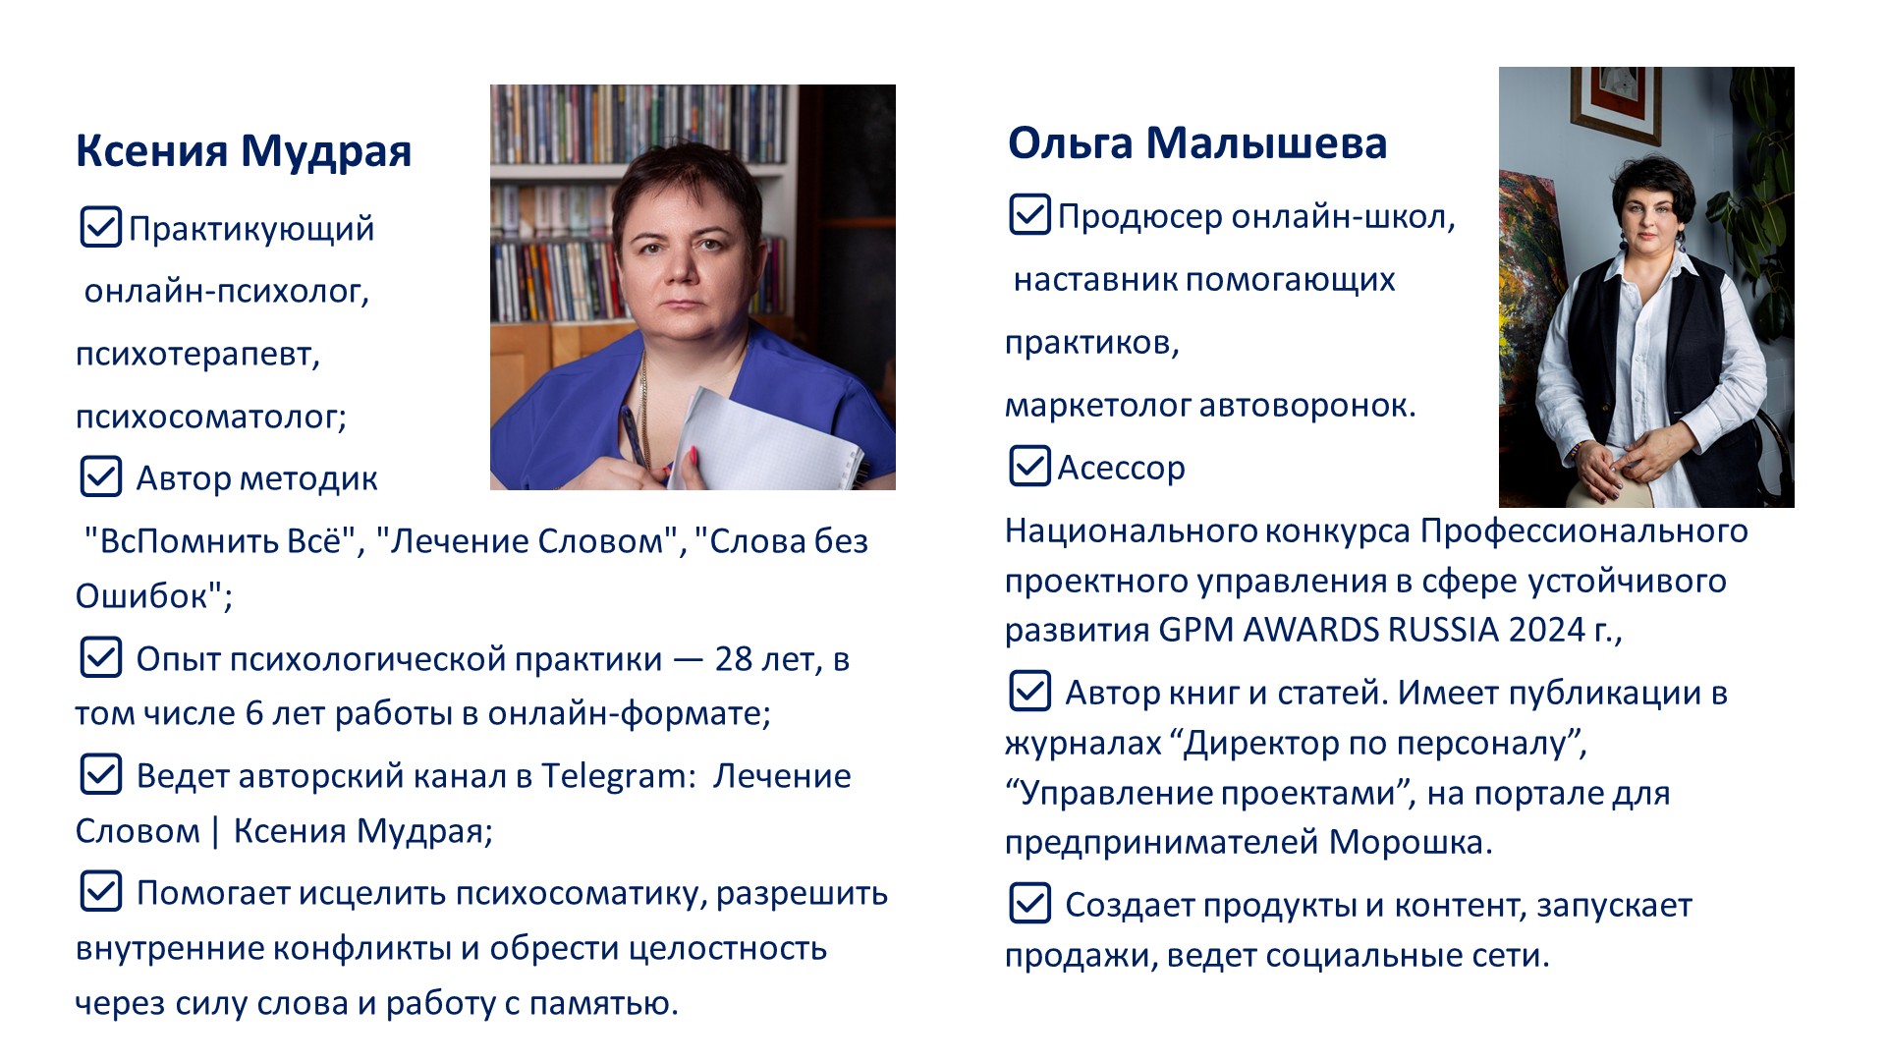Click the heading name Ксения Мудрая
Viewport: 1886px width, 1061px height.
[x=244, y=151]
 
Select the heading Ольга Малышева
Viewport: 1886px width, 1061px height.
[x=1197, y=143]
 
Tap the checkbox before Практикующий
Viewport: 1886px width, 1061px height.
[x=100, y=227]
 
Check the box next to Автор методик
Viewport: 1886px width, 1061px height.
[x=100, y=476]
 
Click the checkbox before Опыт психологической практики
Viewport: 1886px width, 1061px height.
[x=100, y=657]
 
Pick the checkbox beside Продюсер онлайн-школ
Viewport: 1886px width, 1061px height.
[x=1029, y=214]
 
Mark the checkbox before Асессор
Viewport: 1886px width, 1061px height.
[x=1029, y=466]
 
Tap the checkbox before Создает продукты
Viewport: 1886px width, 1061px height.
[x=1029, y=903]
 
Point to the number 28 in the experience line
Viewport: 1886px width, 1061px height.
[x=734, y=658]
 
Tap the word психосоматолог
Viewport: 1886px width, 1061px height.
[x=211, y=417]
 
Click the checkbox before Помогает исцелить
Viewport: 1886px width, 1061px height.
[x=100, y=891]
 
